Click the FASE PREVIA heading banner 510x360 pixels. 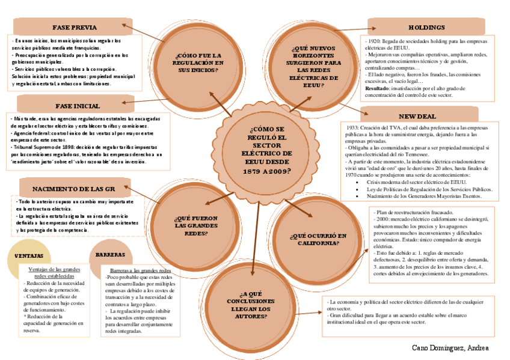pyautogui.click(x=75, y=27)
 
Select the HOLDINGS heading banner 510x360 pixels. pyautogui.click(x=426, y=28)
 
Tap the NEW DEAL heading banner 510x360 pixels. pyautogui.click(x=417, y=116)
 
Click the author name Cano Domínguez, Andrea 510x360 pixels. pyautogui.click(x=450, y=348)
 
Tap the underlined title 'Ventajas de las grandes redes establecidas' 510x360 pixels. pyautogui.click(x=55, y=273)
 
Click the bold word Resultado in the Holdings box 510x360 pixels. pyautogui.click(x=377, y=88)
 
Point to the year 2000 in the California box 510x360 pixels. pyautogui.click(x=385, y=220)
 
